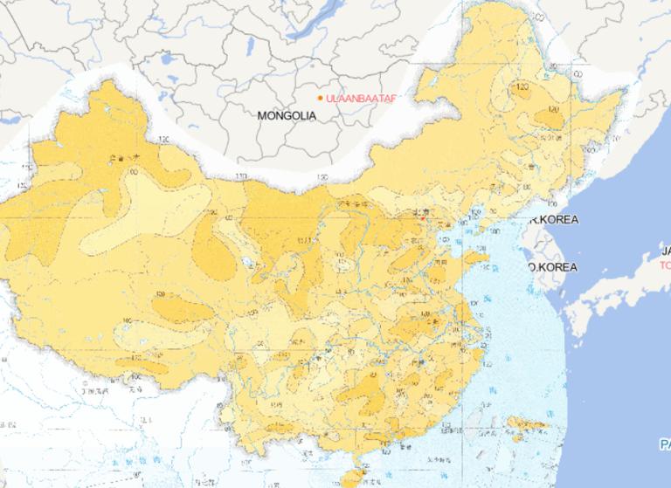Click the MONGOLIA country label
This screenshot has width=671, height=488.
[287, 115]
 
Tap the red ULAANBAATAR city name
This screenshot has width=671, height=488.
[359, 98]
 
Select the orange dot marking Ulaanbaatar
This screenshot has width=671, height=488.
[320, 98]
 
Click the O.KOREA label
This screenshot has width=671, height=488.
[553, 266]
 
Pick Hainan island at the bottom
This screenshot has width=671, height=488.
[351, 476]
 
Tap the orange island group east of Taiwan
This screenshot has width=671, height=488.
[524, 428]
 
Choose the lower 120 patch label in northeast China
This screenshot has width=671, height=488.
[552, 111]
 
